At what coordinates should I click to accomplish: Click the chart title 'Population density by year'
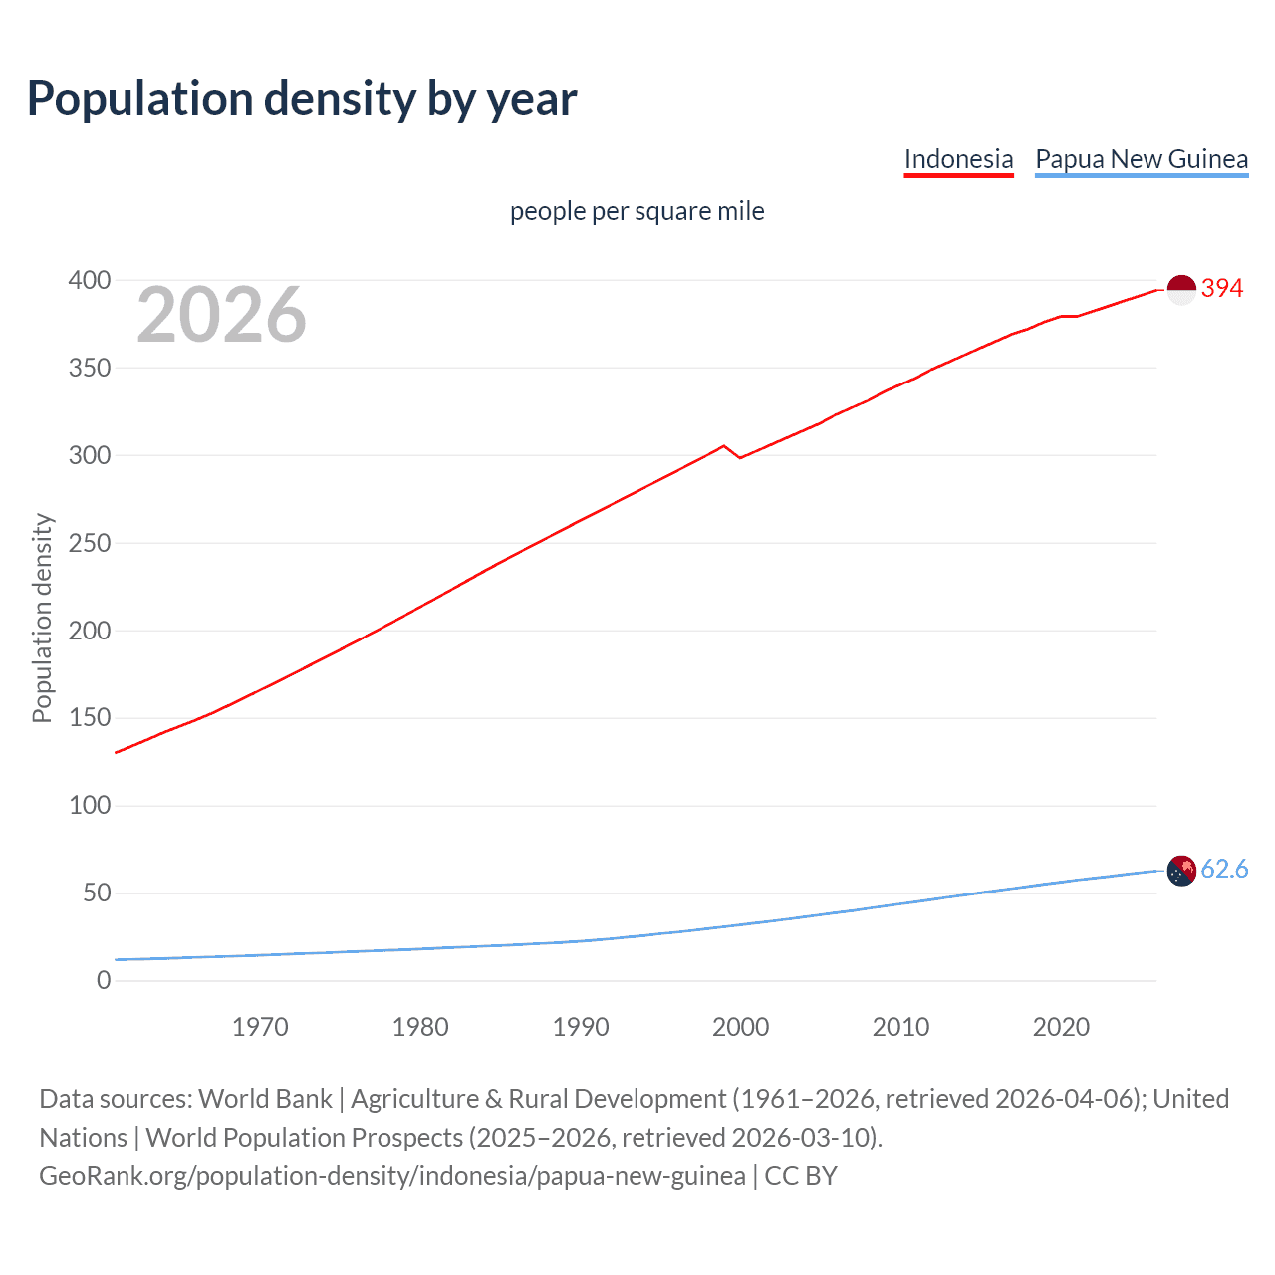coord(302,99)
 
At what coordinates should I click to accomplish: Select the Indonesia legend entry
coord(958,160)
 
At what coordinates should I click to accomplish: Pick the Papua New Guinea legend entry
coord(1142,160)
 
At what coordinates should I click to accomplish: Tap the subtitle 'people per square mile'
coord(637,212)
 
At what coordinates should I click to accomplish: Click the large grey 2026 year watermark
coord(221,315)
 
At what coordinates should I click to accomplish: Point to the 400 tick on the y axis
coord(89,281)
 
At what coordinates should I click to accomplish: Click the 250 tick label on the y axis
coord(89,544)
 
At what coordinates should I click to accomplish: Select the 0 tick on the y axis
coord(104,981)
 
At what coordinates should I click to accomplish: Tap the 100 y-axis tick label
coord(89,806)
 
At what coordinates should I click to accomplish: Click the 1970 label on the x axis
coord(260,1027)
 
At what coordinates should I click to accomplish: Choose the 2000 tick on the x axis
coord(740,1027)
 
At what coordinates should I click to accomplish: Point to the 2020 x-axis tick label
coord(1061,1027)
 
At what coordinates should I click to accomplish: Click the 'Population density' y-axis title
coord(42,618)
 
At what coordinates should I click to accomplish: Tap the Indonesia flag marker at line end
coord(1180,290)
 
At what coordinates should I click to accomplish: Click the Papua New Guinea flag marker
coord(1180,871)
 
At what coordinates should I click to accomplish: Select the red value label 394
coord(1222,289)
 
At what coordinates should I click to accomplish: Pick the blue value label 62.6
coord(1224,870)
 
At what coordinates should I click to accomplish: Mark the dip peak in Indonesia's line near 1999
coord(724,446)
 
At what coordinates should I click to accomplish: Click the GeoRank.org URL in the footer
coord(392,1176)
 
